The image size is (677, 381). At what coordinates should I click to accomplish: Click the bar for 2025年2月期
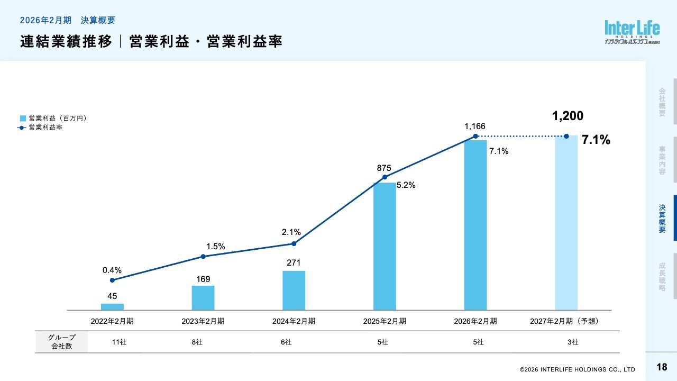385,246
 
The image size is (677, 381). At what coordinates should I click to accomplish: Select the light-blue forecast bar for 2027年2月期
566,222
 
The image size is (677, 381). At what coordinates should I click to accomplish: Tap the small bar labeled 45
112,307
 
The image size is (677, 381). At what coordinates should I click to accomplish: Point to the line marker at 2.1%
294,243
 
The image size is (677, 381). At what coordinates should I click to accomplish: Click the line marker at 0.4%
112,280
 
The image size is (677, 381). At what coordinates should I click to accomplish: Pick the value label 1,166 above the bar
474,126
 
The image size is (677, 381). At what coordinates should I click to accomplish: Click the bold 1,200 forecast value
568,116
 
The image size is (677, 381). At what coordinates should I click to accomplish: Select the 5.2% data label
406,185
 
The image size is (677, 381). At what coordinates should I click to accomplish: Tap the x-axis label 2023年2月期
203,321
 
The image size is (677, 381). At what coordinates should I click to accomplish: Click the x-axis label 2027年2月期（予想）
566,321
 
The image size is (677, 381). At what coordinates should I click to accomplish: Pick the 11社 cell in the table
119,342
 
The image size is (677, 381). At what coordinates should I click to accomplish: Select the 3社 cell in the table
573,342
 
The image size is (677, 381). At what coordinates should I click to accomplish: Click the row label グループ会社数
61,342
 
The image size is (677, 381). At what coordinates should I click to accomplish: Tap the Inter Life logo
633,32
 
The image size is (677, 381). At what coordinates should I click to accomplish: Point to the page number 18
661,367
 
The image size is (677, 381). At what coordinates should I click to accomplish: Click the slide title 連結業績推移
67,42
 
